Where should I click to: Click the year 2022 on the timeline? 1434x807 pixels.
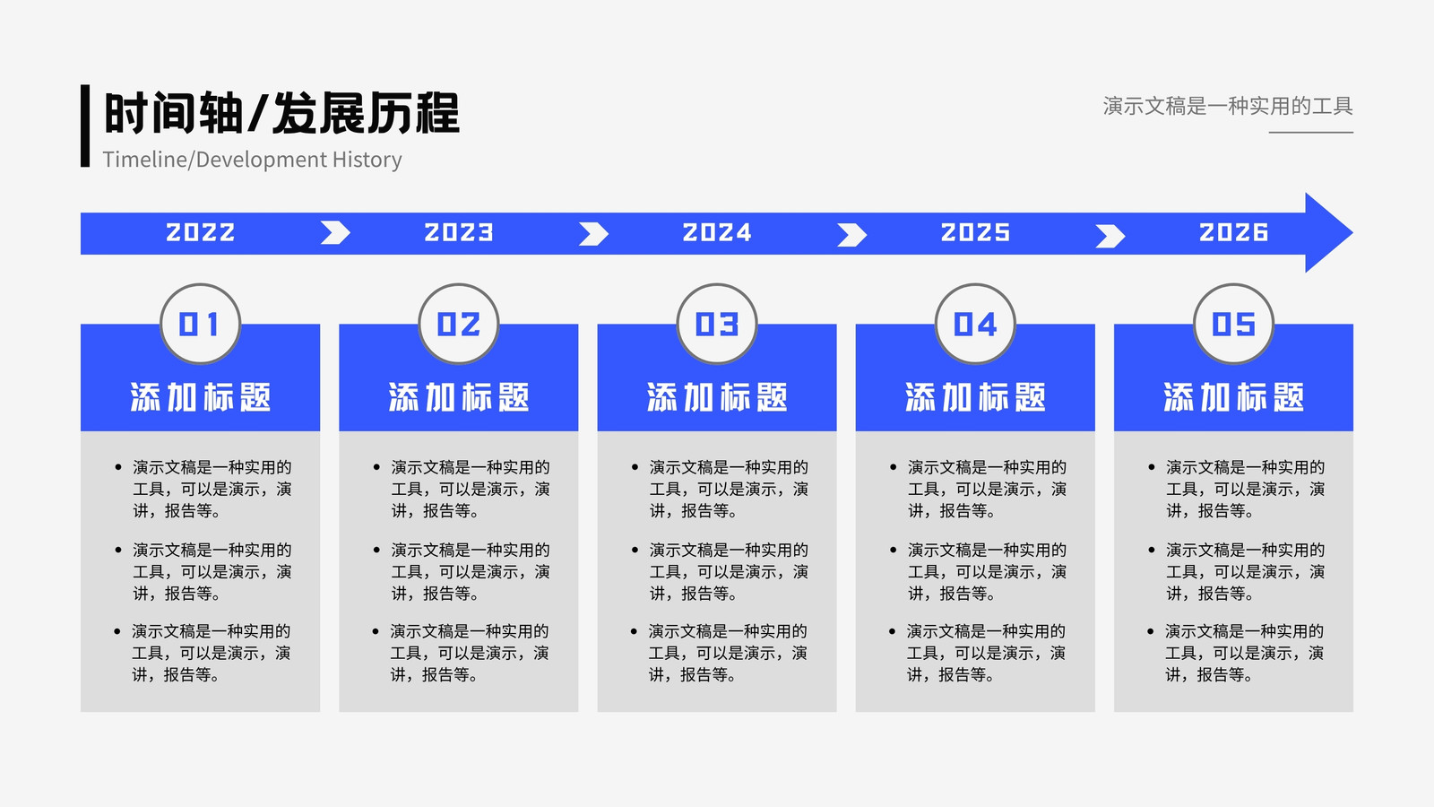(x=201, y=232)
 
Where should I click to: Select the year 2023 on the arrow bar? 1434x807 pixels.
(x=458, y=232)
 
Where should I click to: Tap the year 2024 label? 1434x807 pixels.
(x=717, y=232)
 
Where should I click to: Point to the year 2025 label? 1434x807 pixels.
(x=975, y=232)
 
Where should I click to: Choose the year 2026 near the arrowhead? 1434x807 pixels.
(x=1233, y=232)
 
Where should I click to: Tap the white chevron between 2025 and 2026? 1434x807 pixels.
(x=1111, y=236)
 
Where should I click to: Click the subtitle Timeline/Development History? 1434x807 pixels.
(x=252, y=160)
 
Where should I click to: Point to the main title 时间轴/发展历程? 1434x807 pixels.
(x=281, y=113)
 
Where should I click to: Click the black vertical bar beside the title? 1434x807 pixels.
(x=85, y=126)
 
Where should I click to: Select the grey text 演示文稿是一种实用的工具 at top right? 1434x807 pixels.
(x=1228, y=106)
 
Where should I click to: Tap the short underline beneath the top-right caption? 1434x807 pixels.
(x=1311, y=133)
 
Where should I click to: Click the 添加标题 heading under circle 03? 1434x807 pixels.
(x=717, y=397)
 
